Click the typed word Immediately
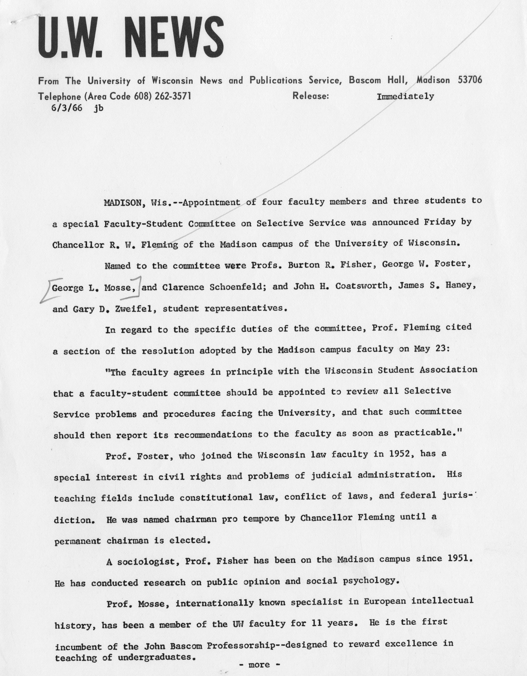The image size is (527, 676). tap(405, 97)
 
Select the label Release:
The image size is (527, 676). tap(310, 96)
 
